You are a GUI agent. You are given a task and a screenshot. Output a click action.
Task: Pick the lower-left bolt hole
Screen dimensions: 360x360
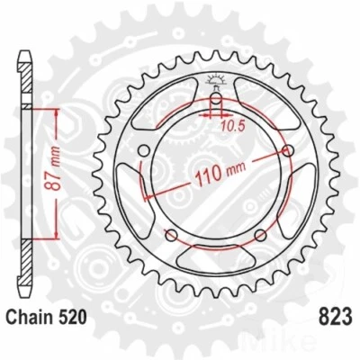pyautogui.click(x=172, y=235)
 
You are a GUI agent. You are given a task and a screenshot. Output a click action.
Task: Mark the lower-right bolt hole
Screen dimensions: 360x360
pyautogui.click(x=259, y=235)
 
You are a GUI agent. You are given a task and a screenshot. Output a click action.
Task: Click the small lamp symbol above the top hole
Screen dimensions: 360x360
pyautogui.click(x=216, y=81)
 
